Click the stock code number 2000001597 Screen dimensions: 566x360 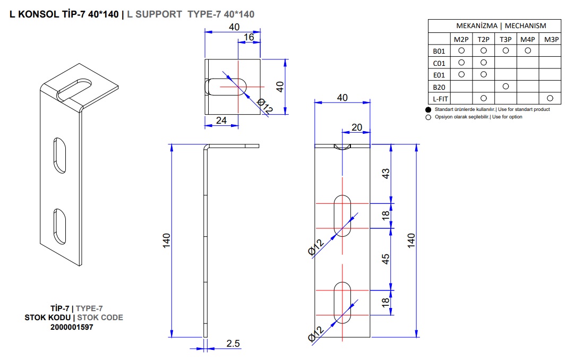click(72, 327)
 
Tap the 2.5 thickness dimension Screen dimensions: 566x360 click(233, 344)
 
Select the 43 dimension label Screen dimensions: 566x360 click(385, 174)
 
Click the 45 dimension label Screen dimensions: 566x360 click(385, 259)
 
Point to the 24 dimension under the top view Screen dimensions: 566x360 click(221, 120)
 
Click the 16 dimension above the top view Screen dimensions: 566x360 click(248, 37)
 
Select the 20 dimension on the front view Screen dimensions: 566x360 click(357, 127)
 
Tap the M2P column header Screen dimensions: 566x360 click(461, 39)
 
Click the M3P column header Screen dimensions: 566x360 click(551, 39)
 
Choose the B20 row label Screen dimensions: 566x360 click(439, 87)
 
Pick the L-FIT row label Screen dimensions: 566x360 click(440, 99)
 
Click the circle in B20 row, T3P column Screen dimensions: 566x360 click(505, 87)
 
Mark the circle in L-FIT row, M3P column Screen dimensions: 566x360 click(550, 98)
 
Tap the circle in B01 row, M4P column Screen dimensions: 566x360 click(528, 50)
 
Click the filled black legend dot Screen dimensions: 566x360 click(428, 110)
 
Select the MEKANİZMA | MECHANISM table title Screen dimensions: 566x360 click(501, 26)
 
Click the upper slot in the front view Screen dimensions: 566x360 click(342, 216)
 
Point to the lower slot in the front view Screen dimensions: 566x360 click(342, 303)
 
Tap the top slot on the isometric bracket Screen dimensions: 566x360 click(74, 90)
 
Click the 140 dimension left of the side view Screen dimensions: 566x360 click(166, 241)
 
